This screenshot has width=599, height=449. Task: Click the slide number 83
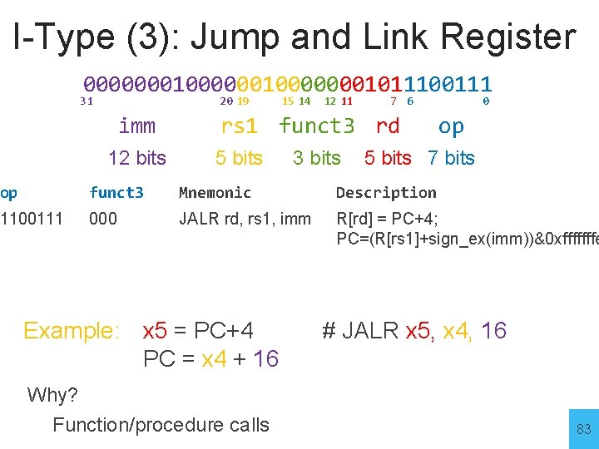583,429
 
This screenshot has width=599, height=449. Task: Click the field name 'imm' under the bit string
137,126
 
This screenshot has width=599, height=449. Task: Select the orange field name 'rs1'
239,126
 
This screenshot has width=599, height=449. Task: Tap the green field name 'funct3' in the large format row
317,126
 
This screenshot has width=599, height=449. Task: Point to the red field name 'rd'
388,126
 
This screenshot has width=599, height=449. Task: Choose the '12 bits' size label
137,158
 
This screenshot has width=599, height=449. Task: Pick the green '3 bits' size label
317,158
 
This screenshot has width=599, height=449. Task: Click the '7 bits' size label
451,158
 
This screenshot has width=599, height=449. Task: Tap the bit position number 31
86,101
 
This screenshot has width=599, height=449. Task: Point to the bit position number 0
486,101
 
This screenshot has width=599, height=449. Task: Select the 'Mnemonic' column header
215,193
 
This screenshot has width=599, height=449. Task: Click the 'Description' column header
386,193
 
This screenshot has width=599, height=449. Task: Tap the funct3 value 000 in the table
103,220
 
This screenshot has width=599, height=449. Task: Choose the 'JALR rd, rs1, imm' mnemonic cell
245,220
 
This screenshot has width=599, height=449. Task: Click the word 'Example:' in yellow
72,331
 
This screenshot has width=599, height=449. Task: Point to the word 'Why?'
52,395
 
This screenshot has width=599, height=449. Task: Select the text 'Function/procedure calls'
161,425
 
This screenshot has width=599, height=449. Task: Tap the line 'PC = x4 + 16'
210,359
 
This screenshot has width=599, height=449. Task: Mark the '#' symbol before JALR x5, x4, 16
329,331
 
